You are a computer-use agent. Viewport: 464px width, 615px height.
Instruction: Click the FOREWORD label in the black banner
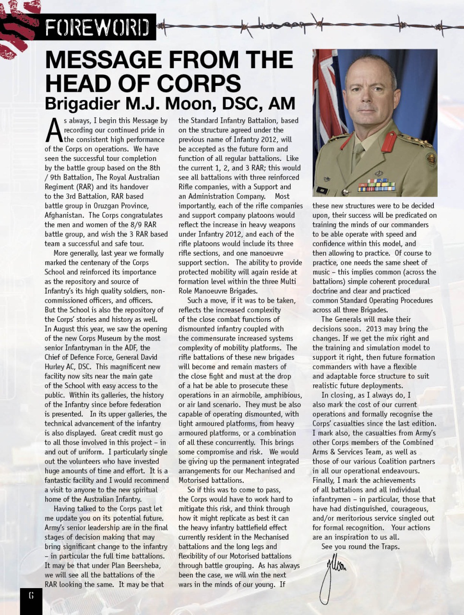pyautogui.click(x=97, y=28)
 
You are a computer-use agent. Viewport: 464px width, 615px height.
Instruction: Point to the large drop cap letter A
pyautogui.click(x=54, y=130)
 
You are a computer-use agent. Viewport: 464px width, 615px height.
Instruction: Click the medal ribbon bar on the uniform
pyautogui.click(x=376, y=185)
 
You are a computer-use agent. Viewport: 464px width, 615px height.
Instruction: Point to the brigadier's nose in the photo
pyautogui.click(x=371, y=95)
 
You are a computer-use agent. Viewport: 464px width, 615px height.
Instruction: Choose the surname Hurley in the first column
pyautogui.click(x=56, y=367)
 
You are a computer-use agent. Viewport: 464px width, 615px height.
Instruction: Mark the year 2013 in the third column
pyautogui.click(x=375, y=329)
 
